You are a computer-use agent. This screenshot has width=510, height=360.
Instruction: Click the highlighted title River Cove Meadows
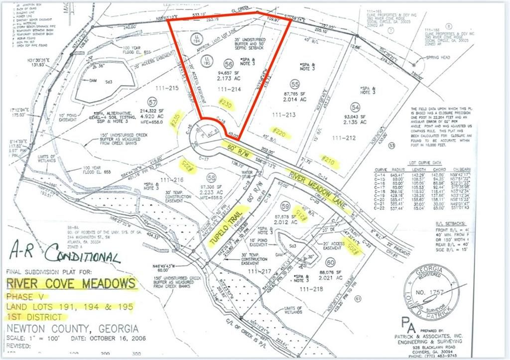tap(71, 283)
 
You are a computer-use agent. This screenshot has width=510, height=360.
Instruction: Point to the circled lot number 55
tap(295, 85)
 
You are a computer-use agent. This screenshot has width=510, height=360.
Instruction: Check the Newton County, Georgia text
tap(73, 329)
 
